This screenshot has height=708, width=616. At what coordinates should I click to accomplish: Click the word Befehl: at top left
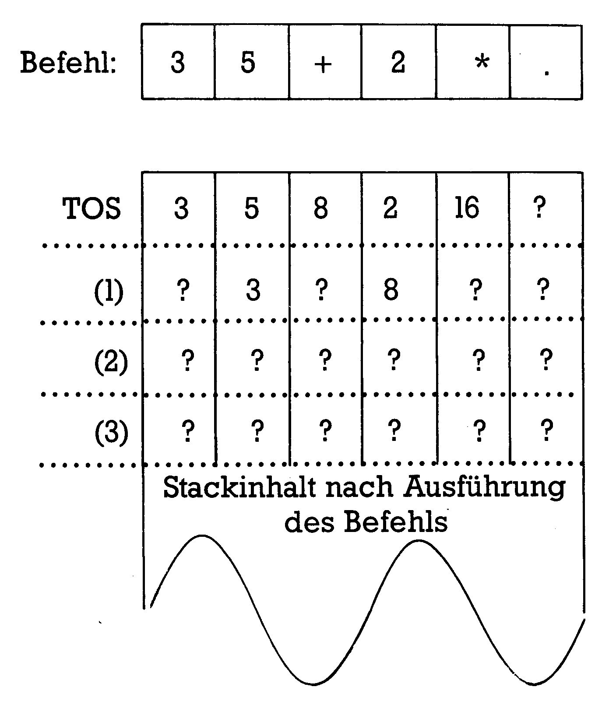[69, 63]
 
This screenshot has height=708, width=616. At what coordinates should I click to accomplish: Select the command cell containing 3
[178, 62]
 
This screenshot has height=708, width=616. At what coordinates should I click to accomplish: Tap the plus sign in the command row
[323, 65]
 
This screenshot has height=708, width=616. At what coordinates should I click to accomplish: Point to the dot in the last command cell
[546, 73]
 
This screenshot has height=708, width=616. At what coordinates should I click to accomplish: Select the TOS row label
[92, 208]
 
